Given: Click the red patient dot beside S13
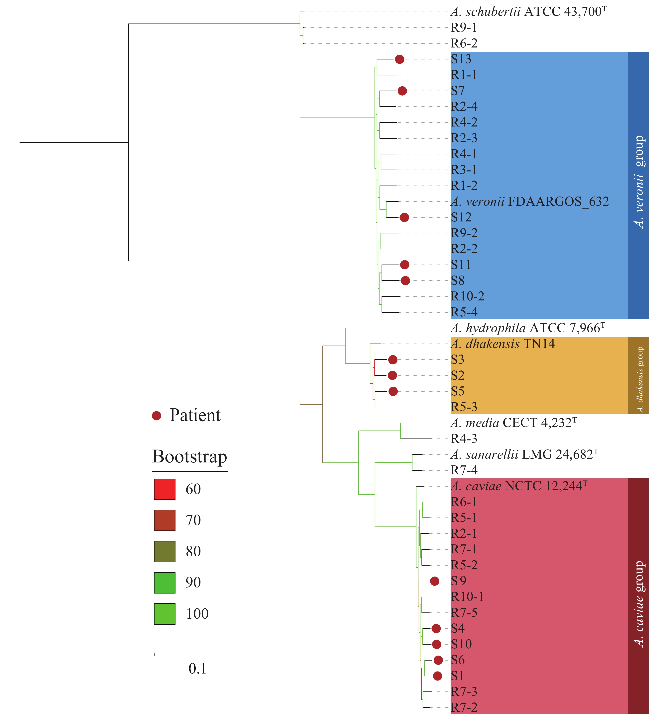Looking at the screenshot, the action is [x=399, y=59].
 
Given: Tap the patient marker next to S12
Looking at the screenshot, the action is [x=404, y=217].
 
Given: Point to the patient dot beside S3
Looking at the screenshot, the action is [x=392, y=359].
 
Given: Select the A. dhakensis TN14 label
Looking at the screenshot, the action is [x=502, y=344].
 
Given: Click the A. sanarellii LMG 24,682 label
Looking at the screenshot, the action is [x=524, y=454].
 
